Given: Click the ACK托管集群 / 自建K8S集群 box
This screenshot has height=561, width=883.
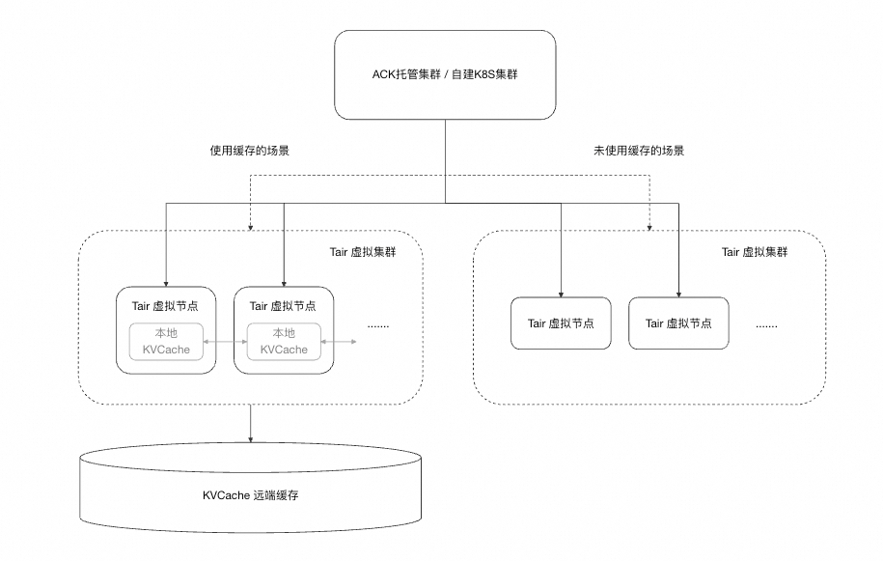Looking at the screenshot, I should (445, 74).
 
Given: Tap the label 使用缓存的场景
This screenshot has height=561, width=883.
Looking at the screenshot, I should (250, 151).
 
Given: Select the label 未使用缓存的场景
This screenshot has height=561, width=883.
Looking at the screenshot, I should (639, 151).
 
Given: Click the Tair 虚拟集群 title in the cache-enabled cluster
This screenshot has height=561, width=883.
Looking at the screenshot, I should (363, 252).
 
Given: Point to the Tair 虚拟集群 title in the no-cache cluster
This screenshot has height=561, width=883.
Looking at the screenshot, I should (755, 252).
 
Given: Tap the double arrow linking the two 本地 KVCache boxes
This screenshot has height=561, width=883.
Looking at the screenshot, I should (225, 342).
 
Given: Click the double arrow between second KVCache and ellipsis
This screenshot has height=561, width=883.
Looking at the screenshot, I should (337, 342).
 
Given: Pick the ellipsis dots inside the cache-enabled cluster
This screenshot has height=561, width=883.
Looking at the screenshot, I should (378, 325).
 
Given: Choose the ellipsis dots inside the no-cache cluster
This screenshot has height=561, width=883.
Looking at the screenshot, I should (766, 325).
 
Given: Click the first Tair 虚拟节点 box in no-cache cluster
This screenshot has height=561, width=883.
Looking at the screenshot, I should (561, 323).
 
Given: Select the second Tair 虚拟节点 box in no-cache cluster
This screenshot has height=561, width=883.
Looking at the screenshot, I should (678, 323).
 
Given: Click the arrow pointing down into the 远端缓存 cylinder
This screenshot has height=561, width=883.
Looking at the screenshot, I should (251, 425).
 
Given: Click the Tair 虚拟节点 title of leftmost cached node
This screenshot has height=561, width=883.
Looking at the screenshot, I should (165, 306).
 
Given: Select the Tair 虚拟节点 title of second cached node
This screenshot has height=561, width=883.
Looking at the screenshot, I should (283, 306).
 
